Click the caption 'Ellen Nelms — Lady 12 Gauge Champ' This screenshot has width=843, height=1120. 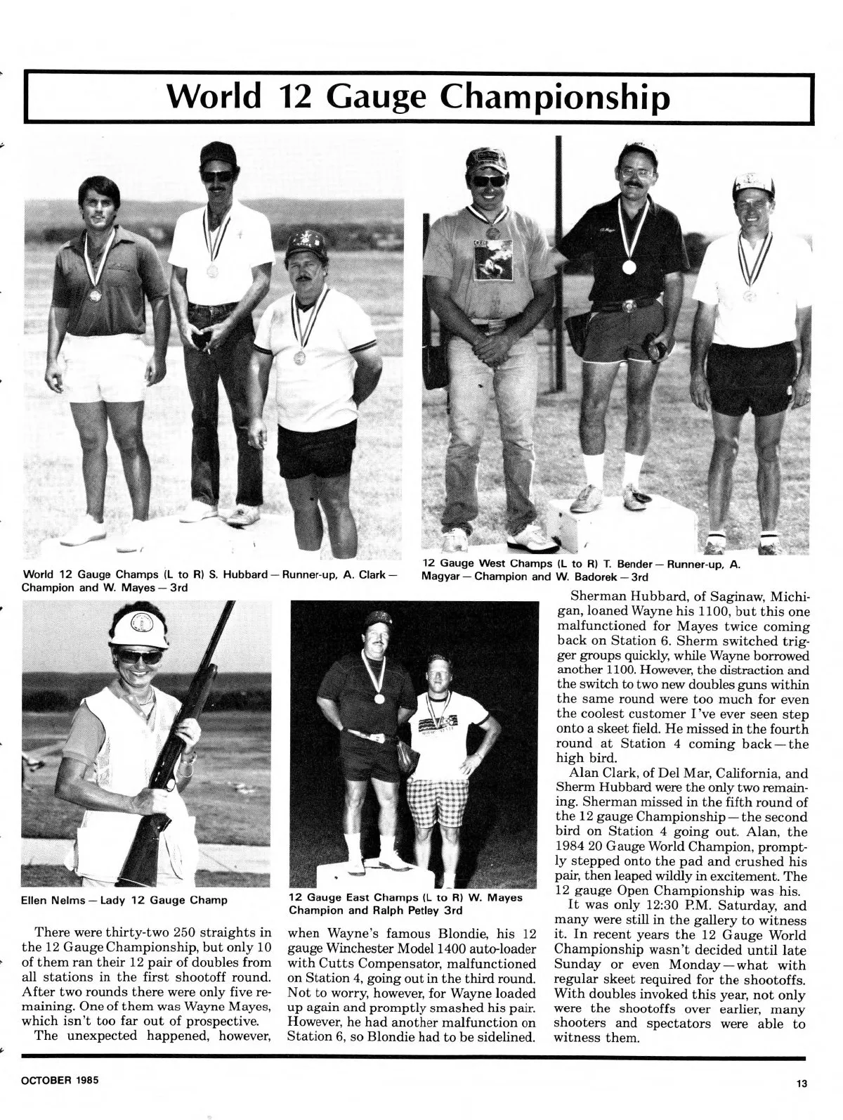tap(124, 899)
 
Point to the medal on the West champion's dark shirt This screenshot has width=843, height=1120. tap(628, 266)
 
